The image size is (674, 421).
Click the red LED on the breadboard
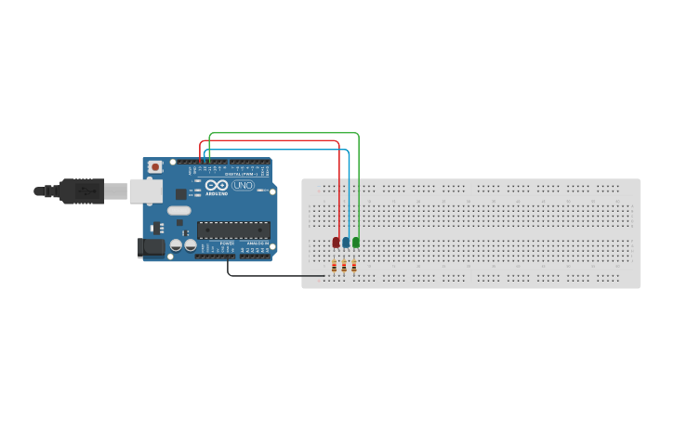(336, 243)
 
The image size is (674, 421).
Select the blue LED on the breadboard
(346, 243)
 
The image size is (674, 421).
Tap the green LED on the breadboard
(356, 243)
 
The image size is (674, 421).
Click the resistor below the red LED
(334, 267)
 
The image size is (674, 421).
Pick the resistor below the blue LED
(344, 267)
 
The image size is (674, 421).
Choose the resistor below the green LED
(354, 267)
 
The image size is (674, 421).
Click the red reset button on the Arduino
(155, 167)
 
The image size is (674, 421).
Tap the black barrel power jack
(151, 247)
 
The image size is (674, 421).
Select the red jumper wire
(270, 141)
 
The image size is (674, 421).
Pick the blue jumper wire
(279, 148)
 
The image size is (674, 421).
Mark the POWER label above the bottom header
(227, 243)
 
